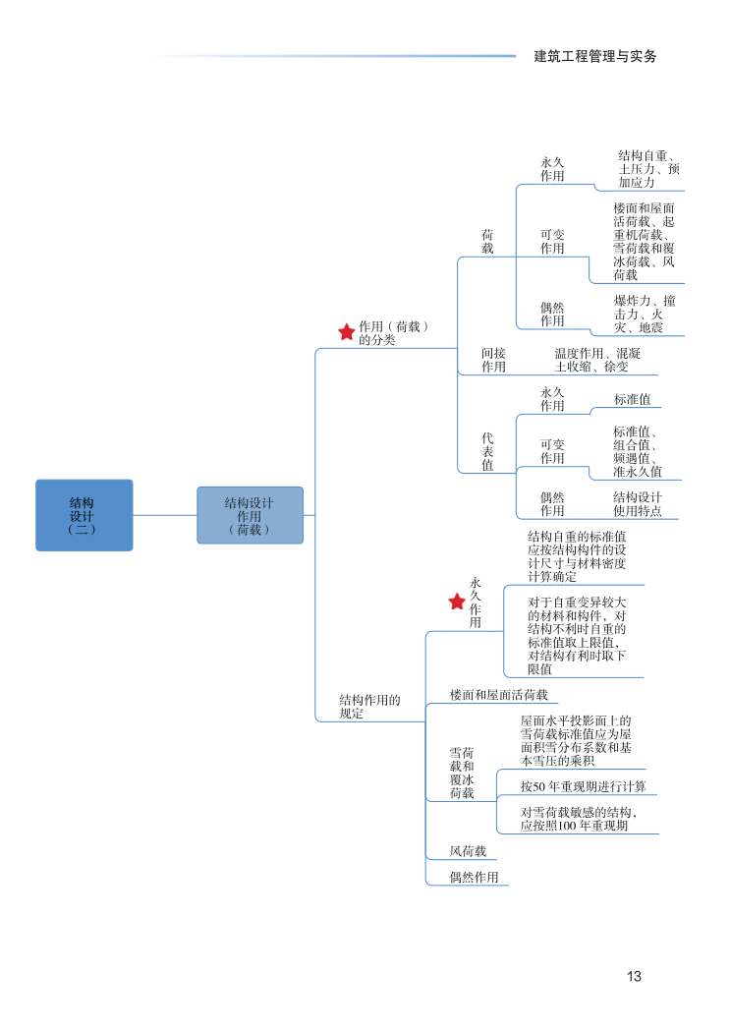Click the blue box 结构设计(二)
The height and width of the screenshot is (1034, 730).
pos(84,515)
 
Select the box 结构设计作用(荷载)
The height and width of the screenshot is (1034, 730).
pos(250,515)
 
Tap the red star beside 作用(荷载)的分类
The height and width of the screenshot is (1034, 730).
pos(346,332)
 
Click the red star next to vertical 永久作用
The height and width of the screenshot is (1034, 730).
pos(457,602)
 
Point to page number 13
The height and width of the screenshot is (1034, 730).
pos(634,976)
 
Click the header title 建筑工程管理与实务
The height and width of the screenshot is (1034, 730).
pos(595,56)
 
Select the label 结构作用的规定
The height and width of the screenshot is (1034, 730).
pos(369,707)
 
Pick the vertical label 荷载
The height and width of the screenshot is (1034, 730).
pos(487,242)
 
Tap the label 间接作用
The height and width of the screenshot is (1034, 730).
pos(493,360)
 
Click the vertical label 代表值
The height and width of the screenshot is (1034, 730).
pos(487,451)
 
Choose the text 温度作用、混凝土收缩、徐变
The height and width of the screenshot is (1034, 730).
pos(597,360)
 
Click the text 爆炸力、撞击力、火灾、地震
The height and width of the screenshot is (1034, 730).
pos(645,314)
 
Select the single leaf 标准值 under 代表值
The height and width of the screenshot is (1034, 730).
pos(632,399)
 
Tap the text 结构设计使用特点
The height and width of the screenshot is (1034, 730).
pos(638,504)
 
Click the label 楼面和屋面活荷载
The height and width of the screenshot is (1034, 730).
pos(498,695)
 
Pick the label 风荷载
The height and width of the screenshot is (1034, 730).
pos(468,851)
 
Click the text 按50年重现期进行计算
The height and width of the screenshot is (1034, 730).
pos(583,786)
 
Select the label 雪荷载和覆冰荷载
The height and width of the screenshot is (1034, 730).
pos(462,773)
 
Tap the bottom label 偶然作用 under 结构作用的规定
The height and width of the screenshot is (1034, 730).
pos(474,877)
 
